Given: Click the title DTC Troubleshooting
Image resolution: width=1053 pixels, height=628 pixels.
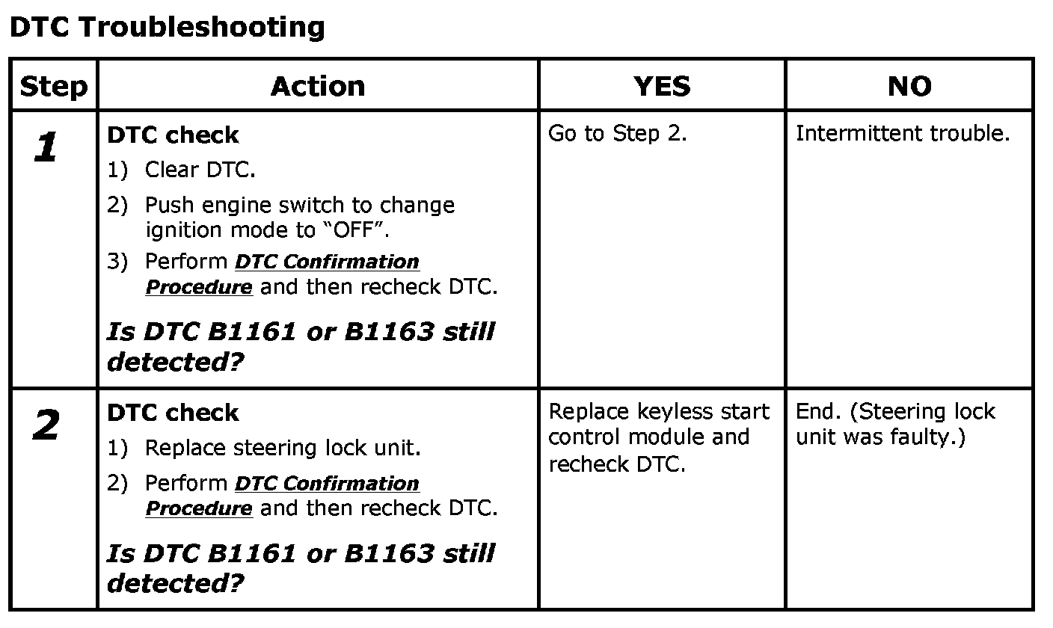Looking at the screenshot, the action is click(x=167, y=28).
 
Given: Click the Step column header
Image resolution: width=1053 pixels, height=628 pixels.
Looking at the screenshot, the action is click(x=53, y=87).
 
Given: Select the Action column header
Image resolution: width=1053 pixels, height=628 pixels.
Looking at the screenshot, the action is click(x=318, y=87).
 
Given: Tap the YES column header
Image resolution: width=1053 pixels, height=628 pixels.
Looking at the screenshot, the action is click(x=662, y=87).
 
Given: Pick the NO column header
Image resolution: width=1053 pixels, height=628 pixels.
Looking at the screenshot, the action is click(x=909, y=87).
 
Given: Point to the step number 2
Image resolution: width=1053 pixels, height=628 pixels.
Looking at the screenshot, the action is click(x=46, y=427).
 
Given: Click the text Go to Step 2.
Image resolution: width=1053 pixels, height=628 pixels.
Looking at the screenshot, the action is click(x=617, y=134).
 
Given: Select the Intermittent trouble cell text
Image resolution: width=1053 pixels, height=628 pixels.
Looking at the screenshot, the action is click(x=903, y=134).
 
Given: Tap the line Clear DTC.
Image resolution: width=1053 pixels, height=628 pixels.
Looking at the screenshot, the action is click(x=200, y=170).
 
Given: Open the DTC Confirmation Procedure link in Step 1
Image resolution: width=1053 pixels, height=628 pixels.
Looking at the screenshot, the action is click(x=327, y=262).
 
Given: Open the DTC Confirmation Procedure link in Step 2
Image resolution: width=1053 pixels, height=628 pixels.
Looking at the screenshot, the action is click(x=327, y=484).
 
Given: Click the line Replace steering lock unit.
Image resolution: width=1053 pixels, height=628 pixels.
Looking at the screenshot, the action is click(x=282, y=448).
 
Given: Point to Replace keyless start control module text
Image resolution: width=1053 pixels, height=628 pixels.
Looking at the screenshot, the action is click(x=658, y=424).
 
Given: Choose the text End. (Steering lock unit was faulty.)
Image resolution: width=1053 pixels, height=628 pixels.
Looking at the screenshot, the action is click(x=894, y=424).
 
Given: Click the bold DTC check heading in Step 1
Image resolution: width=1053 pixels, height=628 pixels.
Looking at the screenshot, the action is click(x=173, y=135).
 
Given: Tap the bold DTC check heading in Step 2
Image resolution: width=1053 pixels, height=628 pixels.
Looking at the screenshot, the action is click(x=173, y=413).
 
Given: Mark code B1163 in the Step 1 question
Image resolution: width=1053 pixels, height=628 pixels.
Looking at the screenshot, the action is click(x=388, y=331).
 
